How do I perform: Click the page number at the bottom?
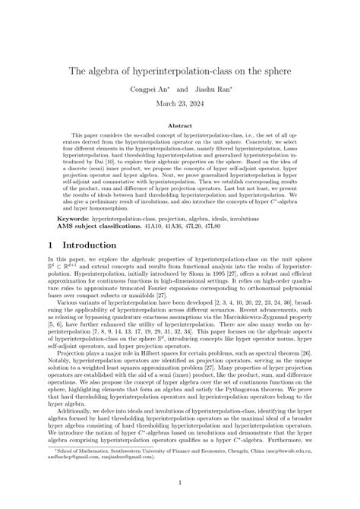[x=180, y=482]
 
